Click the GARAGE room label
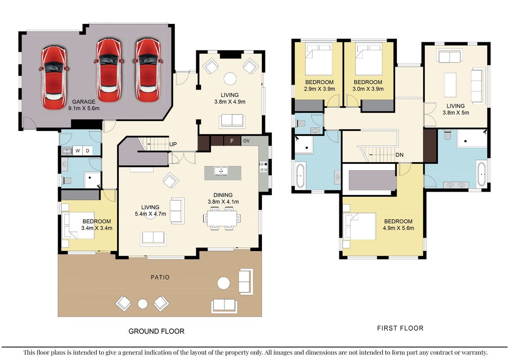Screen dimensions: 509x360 click(84, 102)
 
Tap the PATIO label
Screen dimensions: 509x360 click(160, 277)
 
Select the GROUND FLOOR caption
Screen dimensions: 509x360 click(157, 331)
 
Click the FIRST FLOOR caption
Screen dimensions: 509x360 click(400, 328)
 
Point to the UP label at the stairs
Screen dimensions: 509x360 click(173, 144)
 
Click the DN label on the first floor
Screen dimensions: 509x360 click(400, 155)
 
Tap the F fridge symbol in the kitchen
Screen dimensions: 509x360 click(232, 141)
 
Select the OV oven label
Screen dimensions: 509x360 click(246, 141)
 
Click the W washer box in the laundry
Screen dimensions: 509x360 click(77, 151)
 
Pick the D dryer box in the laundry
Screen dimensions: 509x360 click(87, 151)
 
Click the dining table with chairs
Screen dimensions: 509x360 click(222, 218)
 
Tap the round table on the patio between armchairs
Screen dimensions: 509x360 click(143, 304)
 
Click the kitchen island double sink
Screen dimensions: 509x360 click(221, 171)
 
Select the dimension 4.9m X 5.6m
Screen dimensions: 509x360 click(398, 228)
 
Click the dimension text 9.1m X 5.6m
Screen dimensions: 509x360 click(84, 108)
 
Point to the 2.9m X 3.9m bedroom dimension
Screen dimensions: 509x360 click(320, 89)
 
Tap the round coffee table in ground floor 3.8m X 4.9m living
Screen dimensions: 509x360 click(230, 79)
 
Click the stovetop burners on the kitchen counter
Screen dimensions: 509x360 click(264, 167)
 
